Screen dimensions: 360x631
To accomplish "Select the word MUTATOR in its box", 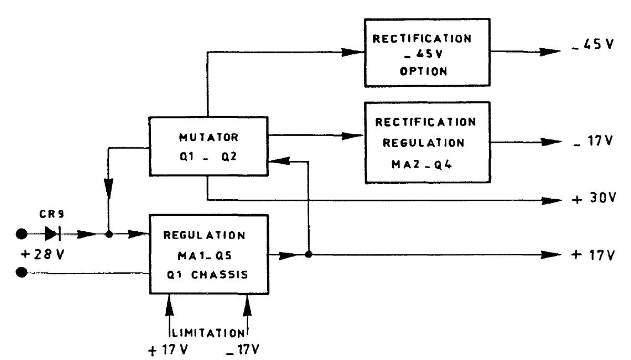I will tap(208, 138).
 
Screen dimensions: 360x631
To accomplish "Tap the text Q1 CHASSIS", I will tap(209, 275).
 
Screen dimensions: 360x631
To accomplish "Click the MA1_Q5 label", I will tap(209, 255).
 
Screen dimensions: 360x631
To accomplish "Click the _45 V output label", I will tap(593, 44).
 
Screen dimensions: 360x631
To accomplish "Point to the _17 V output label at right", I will tap(593, 142).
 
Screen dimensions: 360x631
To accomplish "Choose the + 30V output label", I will tap(593, 201).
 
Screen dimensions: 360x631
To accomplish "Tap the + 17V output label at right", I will tap(593, 255).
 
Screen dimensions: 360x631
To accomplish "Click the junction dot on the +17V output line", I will tap(309, 255).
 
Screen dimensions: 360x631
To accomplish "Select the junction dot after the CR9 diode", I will tap(109, 234).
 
